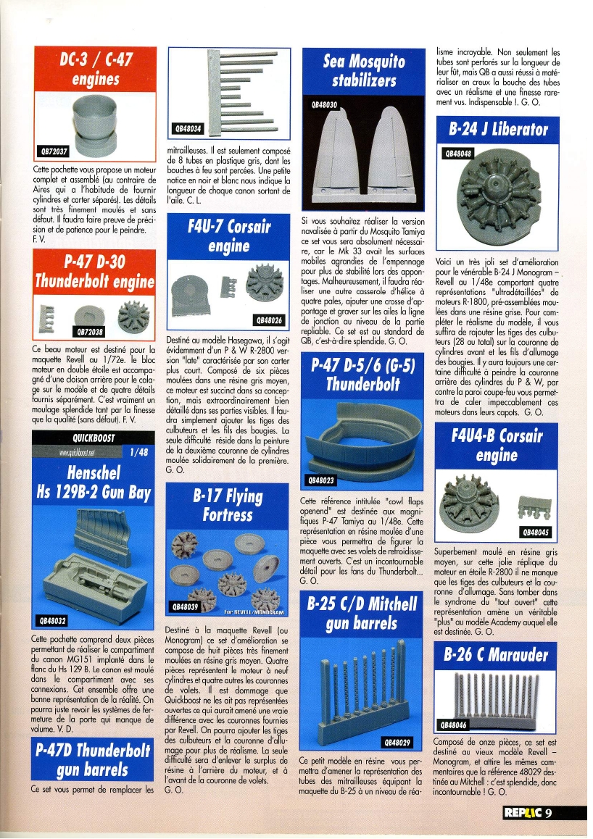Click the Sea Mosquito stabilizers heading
pos(363,70)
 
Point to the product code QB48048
pos(458,154)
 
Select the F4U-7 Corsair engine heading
pos(228,236)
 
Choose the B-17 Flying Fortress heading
pos(228,505)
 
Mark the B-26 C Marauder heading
pos(497,654)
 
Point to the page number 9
pos(550,812)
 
